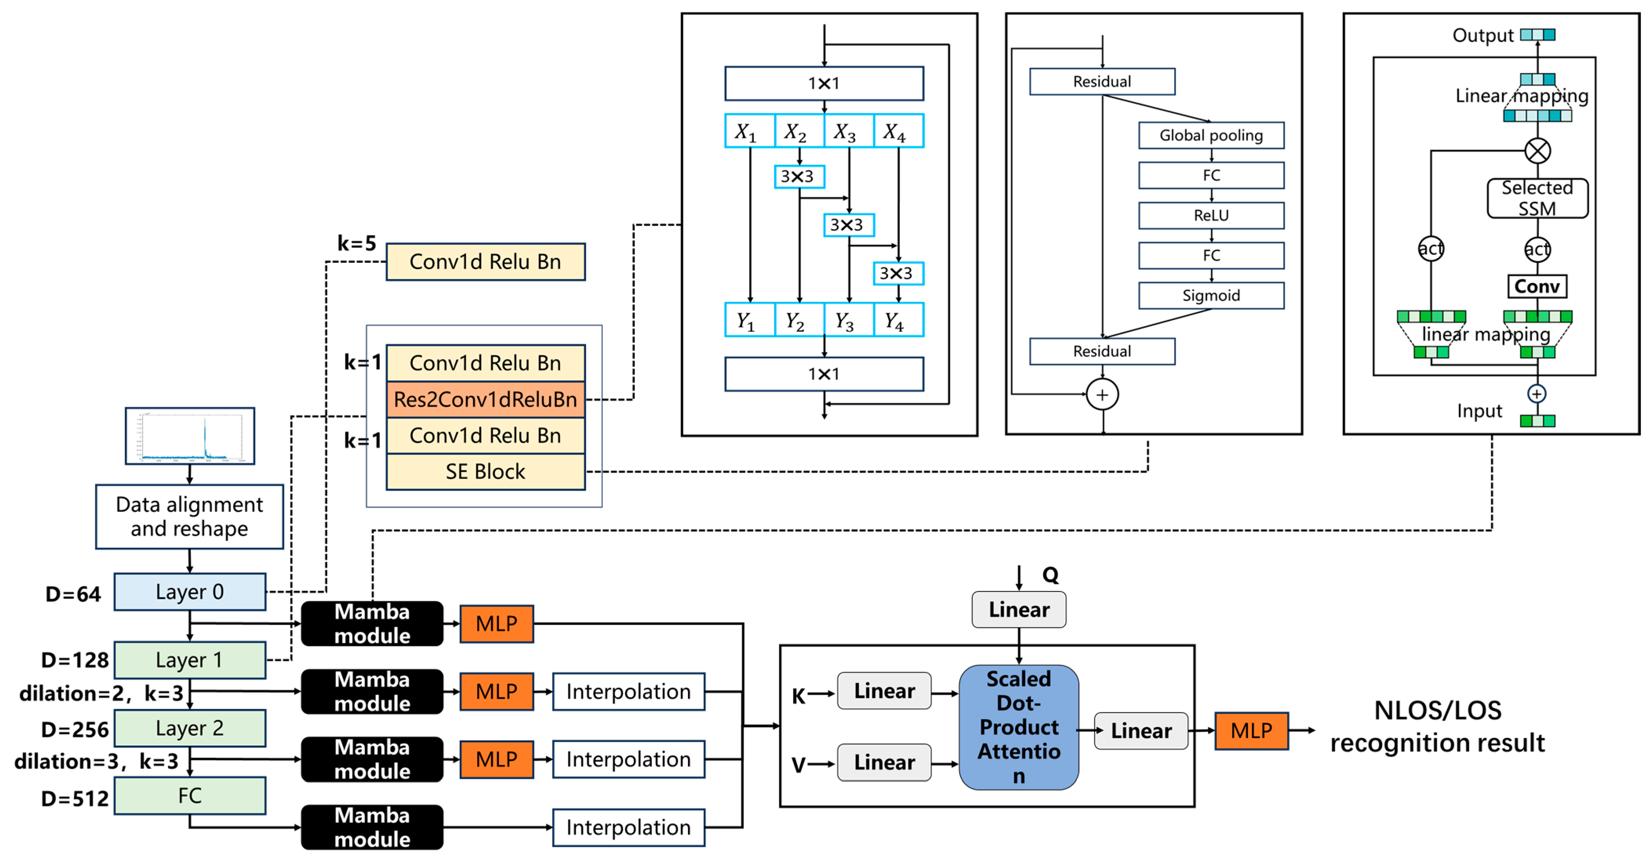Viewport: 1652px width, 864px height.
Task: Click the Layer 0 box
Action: tap(189, 591)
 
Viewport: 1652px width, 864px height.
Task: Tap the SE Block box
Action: tap(485, 471)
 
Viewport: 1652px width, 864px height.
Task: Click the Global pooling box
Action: tap(1211, 135)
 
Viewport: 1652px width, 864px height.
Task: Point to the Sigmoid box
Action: tap(1211, 295)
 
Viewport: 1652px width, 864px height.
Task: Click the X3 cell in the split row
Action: tap(848, 131)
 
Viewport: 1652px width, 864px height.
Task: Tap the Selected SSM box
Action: tap(1537, 198)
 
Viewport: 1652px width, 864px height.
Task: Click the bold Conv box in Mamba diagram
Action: tap(1537, 286)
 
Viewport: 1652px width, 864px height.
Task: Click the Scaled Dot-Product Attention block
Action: tap(1018, 727)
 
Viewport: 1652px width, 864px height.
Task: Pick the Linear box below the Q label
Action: tap(1018, 609)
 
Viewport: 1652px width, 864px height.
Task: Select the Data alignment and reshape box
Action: tap(189, 517)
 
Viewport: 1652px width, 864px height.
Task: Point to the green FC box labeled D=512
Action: tap(189, 795)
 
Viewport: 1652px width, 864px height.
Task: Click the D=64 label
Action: tap(73, 594)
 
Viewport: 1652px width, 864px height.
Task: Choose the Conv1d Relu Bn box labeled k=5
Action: tap(485, 262)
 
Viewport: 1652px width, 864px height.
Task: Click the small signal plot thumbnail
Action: tap(190, 435)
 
